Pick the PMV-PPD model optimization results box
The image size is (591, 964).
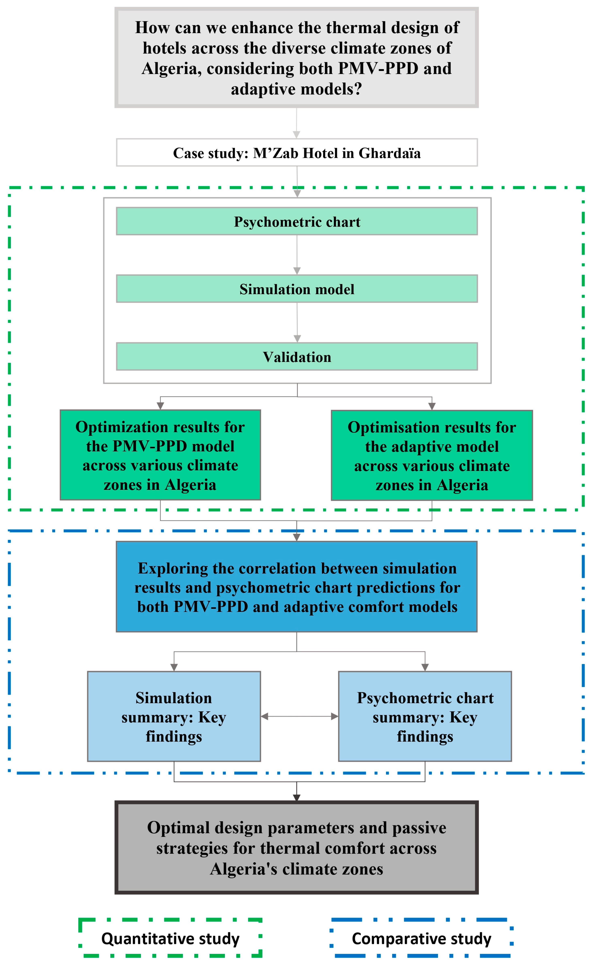click(x=160, y=455)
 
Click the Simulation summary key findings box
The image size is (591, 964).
click(x=174, y=717)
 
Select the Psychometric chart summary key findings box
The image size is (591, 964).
click(x=425, y=717)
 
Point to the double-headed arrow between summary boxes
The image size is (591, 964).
click(x=299, y=716)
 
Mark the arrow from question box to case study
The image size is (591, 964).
click(x=297, y=123)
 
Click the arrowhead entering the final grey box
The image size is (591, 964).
click(x=297, y=797)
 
